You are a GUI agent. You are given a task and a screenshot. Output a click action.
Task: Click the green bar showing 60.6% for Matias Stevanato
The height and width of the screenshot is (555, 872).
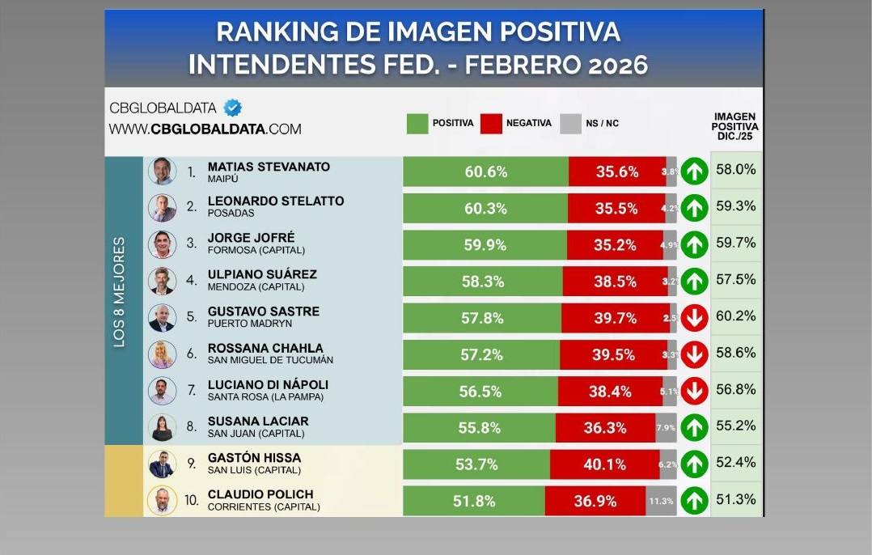point(485,172)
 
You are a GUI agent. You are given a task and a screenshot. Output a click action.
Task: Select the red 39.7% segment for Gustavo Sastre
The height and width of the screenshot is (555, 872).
point(615,318)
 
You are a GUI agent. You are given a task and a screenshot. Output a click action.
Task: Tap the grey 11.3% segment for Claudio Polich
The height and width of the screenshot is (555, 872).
point(661,501)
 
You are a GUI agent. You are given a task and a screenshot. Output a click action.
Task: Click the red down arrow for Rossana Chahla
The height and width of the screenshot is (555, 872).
point(694,354)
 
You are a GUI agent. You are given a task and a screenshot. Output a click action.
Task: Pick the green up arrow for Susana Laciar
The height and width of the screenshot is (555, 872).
point(694,427)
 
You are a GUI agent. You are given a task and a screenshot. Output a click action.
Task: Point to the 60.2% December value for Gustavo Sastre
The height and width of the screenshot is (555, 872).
point(735,317)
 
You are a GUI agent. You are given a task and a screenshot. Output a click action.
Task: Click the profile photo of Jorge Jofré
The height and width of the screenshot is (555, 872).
point(162,244)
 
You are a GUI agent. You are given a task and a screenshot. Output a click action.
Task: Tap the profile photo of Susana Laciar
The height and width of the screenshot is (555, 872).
point(162,427)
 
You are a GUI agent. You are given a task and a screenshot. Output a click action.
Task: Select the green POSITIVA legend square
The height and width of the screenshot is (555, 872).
point(417,123)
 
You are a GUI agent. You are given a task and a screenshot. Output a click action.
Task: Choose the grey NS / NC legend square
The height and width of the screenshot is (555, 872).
point(570,123)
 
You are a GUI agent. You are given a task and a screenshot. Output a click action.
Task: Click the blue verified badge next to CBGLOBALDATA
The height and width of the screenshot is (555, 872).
point(233,108)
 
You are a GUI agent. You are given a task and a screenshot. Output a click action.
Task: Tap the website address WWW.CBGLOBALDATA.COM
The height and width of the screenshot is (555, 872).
point(205,129)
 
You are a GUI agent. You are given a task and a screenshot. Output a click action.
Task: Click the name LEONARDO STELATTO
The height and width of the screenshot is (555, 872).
point(275,201)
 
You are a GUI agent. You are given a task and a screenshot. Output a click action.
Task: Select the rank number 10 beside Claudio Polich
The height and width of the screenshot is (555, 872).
point(191,501)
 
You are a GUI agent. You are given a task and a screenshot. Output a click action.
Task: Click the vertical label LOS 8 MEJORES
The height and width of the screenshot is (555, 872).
point(119,292)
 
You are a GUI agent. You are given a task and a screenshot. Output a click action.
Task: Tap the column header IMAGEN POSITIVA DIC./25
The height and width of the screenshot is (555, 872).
point(734,126)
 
